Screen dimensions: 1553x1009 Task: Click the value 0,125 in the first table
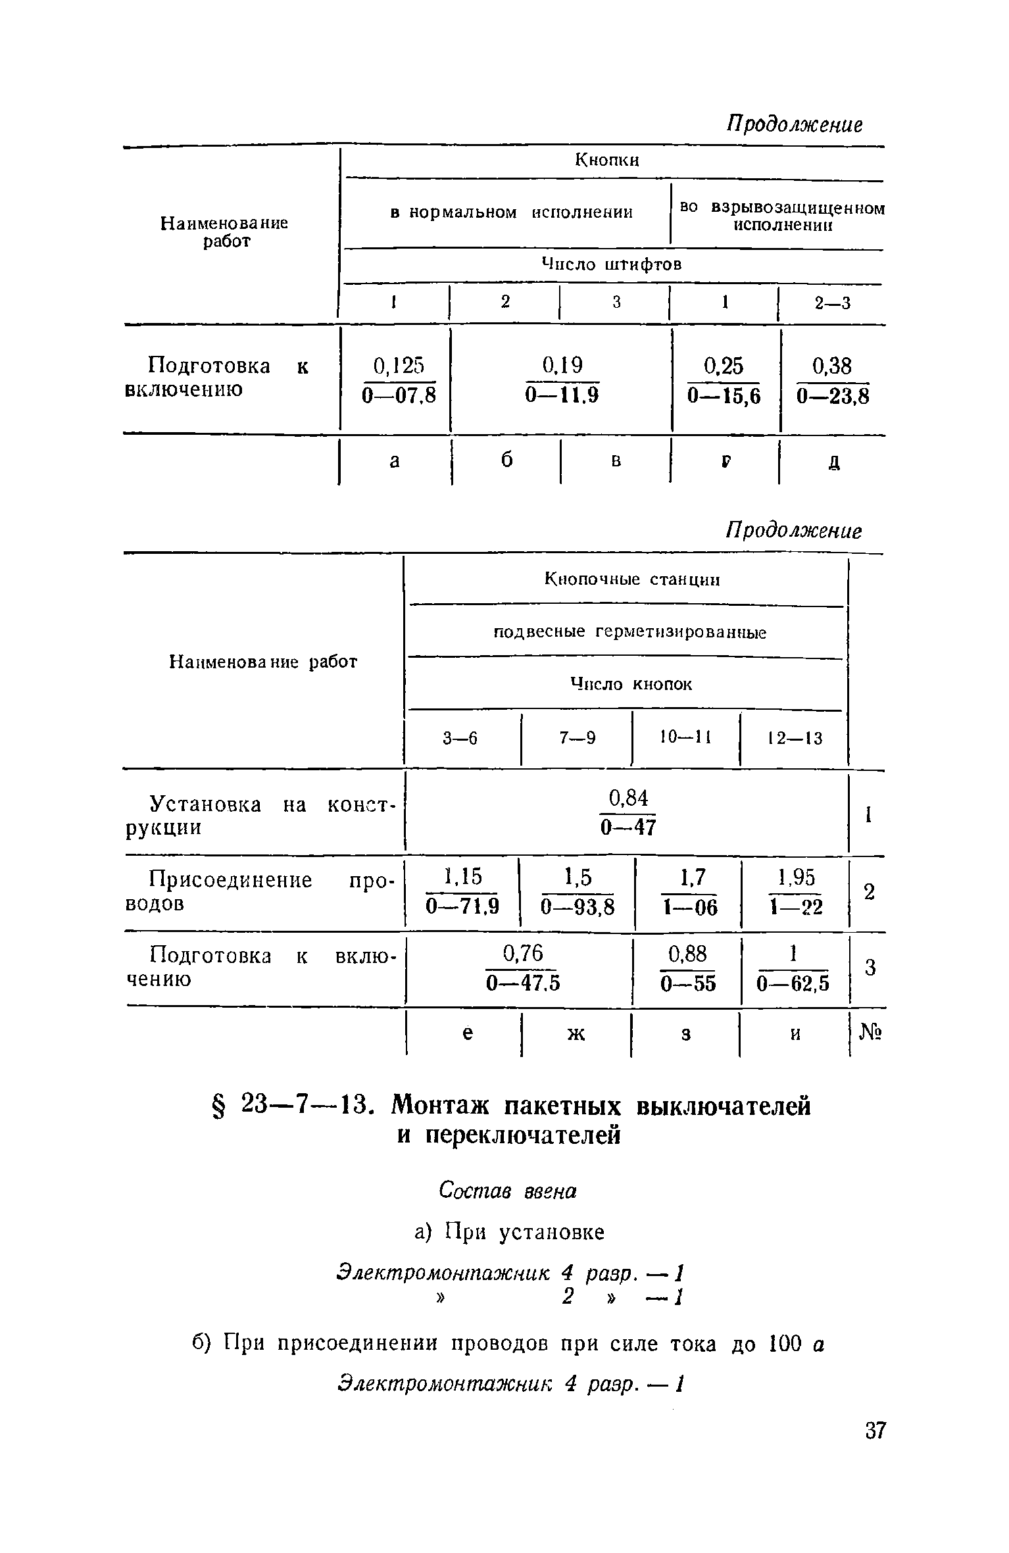pyautogui.click(x=399, y=366)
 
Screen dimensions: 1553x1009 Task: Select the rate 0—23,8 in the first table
pyautogui.click(x=833, y=396)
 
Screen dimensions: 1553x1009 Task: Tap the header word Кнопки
pyautogui.click(x=607, y=160)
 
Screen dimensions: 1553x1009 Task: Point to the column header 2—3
pyautogui.click(x=832, y=303)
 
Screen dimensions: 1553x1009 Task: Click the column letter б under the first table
pyautogui.click(x=506, y=461)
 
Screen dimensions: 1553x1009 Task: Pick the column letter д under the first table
pyautogui.click(x=833, y=462)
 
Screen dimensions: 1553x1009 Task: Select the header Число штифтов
pyautogui.click(x=611, y=264)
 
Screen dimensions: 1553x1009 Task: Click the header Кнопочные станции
pyautogui.click(x=632, y=579)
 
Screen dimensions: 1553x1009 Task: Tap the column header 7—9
pyautogui.click(x=578, y=739)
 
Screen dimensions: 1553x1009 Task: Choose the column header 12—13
pyautogui.click(x=795, y=739)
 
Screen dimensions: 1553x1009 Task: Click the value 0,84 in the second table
pyautogui.click(x=629, y=799)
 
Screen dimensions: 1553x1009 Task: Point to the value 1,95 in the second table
pyautogui.click(x=796, y=877)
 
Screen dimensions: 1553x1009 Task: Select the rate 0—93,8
pyautogui.click(x=578, y=908)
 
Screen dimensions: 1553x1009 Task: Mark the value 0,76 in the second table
pyautogui.click(x=523, y=953)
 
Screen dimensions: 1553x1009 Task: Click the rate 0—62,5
pyautogui.click(x=793, y=984)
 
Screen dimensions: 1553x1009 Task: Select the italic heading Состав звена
pyautogui.click(x=507, y=1191)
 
